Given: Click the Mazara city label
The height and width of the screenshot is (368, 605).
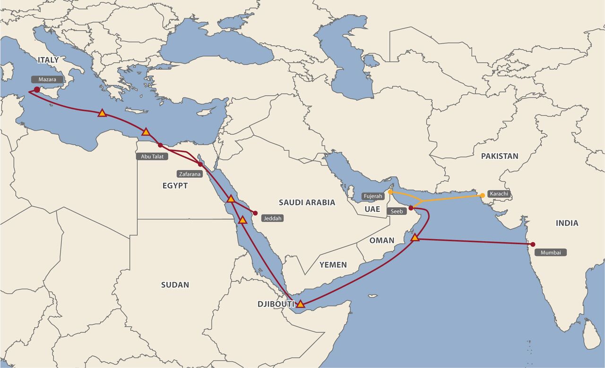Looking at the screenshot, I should [x=47, y=79].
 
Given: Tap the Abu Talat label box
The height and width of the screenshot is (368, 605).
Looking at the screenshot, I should [x=152, y=156].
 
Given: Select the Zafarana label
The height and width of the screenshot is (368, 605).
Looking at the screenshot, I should [x=190, y=174].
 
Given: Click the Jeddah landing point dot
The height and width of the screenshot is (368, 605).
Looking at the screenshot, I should [x=255, y=213].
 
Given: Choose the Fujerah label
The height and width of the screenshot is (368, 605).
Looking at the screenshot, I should [x=373, y=196].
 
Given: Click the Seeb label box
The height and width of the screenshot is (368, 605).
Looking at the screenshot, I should [x=397, y=211].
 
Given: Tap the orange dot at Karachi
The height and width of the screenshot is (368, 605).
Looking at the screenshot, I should [x=483, y=195].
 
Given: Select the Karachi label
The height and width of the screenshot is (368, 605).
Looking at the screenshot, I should [x=499, y=194].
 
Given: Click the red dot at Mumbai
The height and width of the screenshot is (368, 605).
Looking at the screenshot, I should [x=533, y=245].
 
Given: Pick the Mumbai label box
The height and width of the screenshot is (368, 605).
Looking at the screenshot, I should [x=551, y=253].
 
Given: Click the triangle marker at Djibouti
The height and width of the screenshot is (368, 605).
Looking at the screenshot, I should [x=300, y=304].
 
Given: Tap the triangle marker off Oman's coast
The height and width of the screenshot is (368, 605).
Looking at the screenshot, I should [x=415, y=237].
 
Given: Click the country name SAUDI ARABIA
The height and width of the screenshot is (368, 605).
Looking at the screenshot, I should [x=307, y=202].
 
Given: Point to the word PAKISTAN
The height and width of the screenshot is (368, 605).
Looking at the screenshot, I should [x=500, y=156].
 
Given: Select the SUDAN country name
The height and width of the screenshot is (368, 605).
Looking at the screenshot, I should [x=175, y=285].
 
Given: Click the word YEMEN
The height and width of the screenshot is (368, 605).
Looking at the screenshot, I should [x=333, y=265].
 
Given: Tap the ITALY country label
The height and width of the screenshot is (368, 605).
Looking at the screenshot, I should [x=48, y=60].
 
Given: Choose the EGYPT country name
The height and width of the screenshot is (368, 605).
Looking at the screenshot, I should [x=175, y=186].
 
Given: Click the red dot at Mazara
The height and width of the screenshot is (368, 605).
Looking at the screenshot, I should [x=37, y=89].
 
